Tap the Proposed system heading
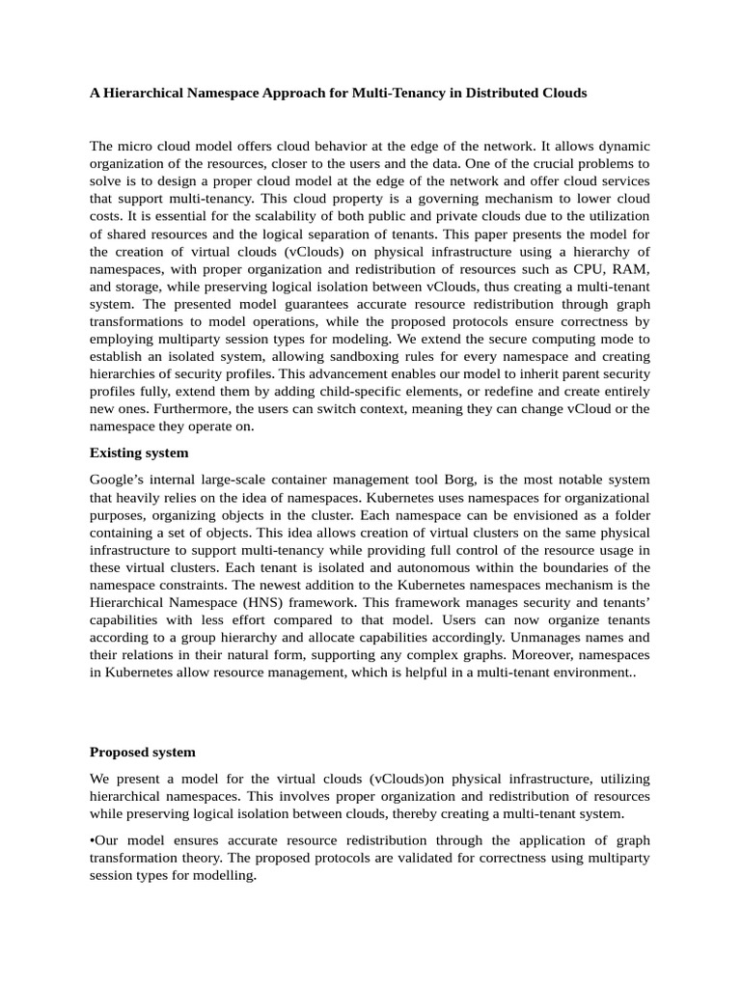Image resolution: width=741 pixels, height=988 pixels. [143, 752]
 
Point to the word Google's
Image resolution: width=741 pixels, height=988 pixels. [119, 480]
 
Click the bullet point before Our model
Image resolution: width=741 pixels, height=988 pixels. [93, 839]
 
